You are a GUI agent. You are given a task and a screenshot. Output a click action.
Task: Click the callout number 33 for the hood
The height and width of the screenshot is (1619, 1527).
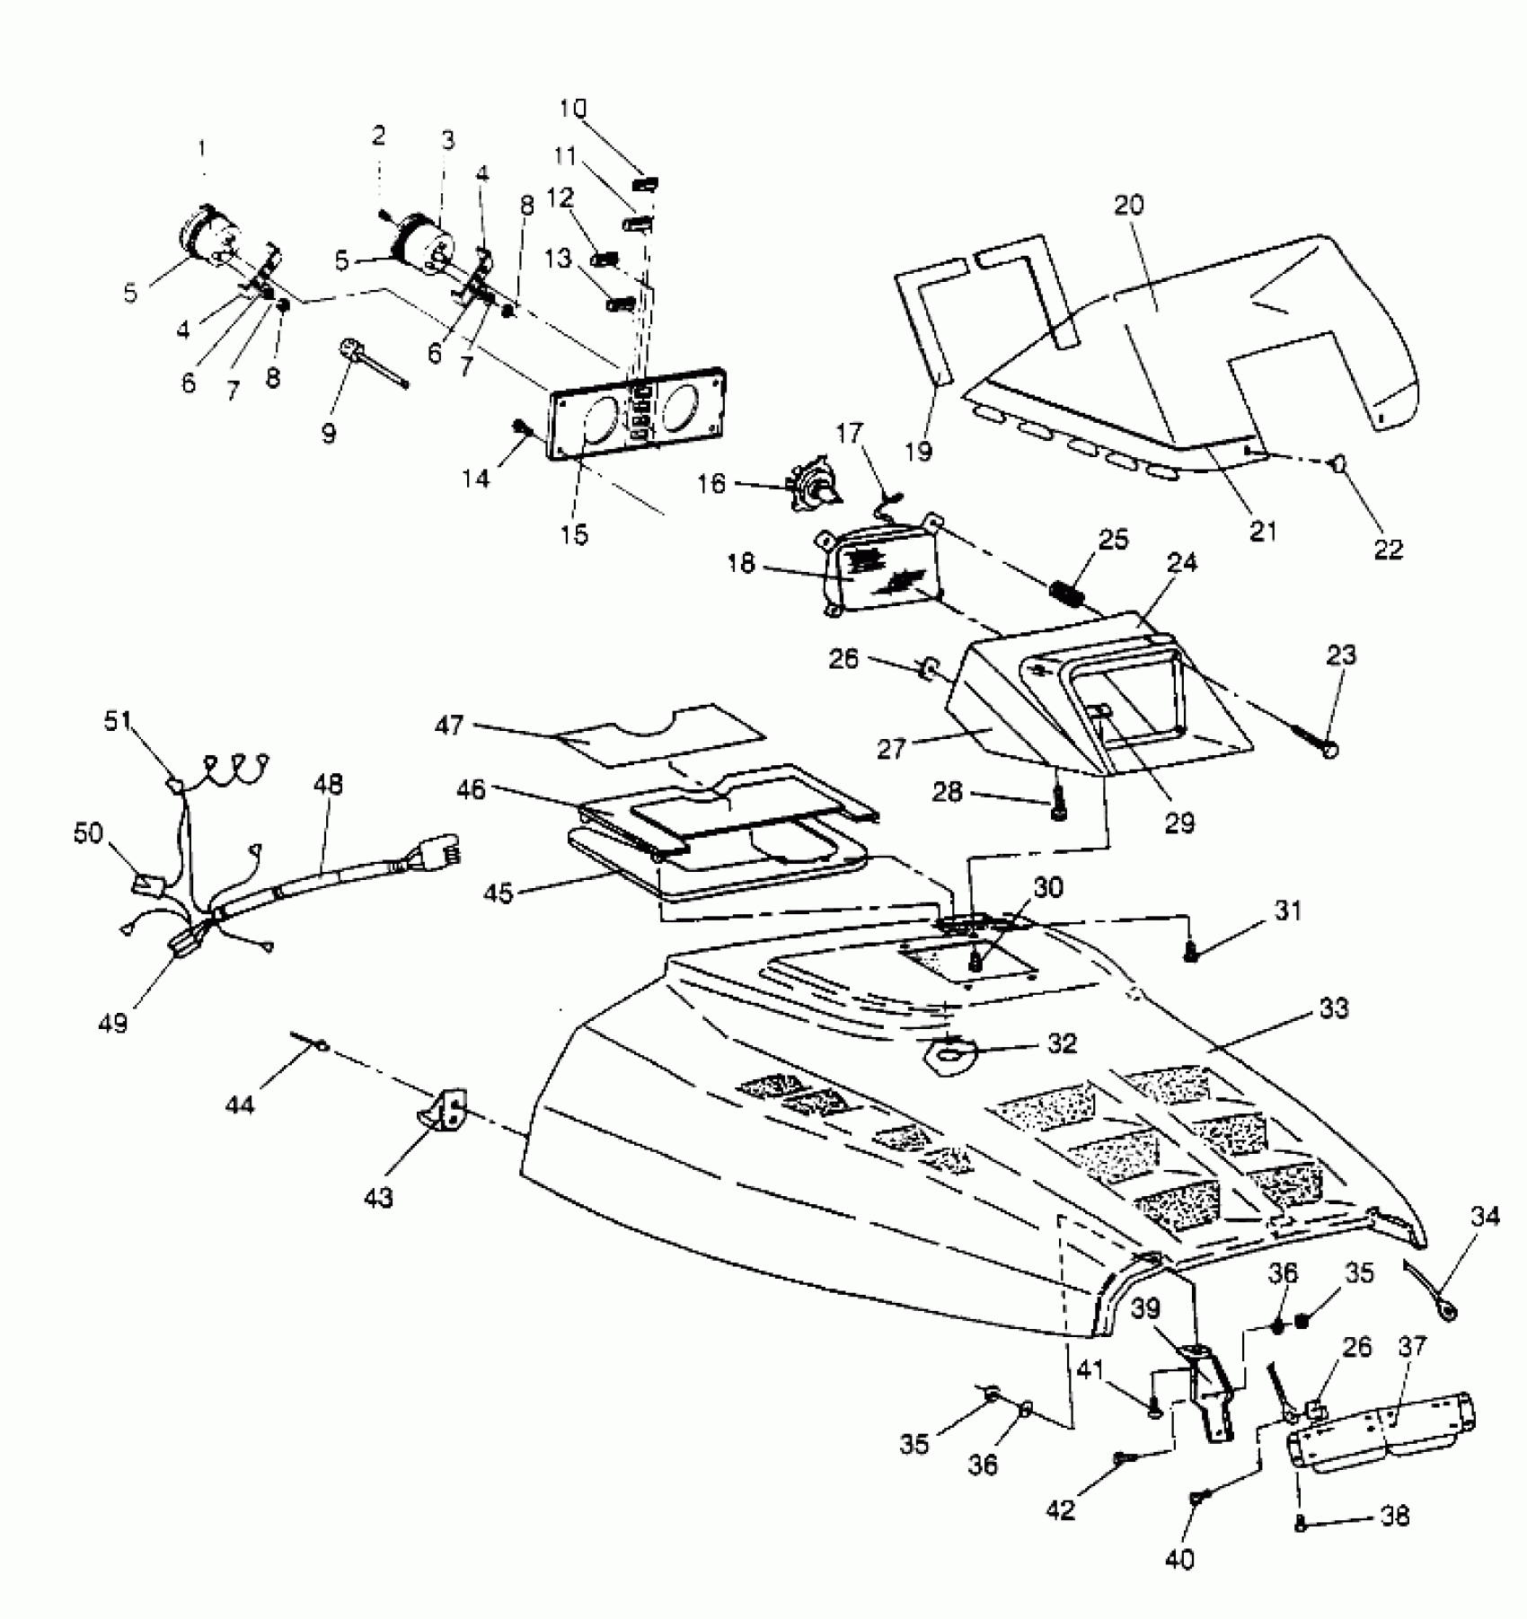(x=1334, y=1009)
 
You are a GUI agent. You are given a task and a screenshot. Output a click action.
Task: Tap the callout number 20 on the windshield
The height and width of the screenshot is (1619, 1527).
(x=1129, y=206)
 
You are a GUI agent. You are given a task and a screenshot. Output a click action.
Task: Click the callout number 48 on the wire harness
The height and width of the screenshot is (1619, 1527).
(x=329, y=785)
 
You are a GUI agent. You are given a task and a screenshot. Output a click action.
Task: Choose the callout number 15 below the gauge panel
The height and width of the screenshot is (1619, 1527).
(x=574, y=534)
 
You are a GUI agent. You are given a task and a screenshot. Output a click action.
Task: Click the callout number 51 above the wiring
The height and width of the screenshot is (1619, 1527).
(x=117, y=721)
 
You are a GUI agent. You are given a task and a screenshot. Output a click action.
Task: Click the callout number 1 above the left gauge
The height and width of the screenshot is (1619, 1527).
(x=202, y=145)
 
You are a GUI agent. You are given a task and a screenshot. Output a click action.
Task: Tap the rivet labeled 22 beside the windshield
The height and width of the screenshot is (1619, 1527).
(x=1338, y=463)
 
